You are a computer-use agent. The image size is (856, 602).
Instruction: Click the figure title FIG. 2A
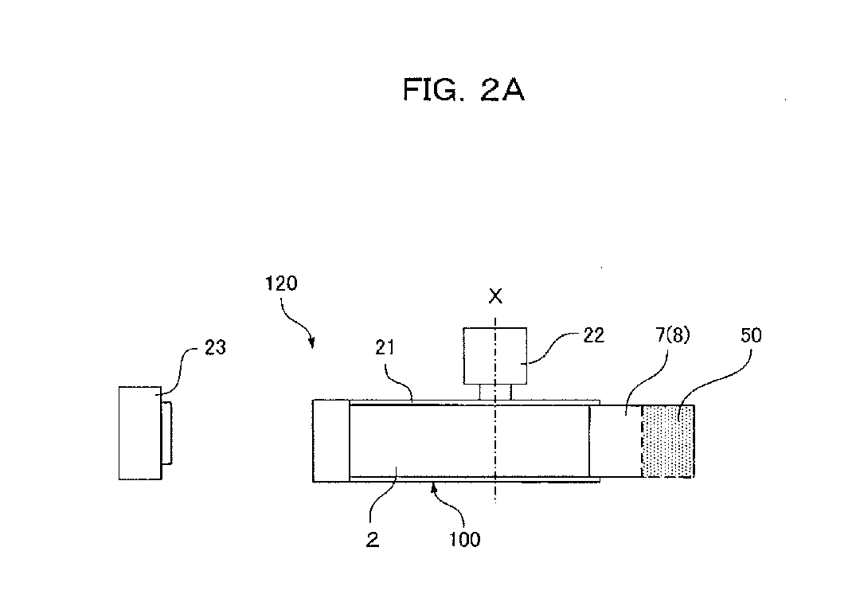463,89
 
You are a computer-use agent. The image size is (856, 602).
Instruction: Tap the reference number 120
281,283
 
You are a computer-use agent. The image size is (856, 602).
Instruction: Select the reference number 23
215,347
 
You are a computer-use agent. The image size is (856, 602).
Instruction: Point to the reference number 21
385,347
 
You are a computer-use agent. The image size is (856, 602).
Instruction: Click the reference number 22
594,335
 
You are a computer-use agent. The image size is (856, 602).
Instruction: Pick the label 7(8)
673,334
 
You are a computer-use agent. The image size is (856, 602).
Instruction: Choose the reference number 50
751,334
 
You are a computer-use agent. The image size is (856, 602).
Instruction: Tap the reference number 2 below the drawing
373,539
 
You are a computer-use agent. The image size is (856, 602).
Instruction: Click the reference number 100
464,539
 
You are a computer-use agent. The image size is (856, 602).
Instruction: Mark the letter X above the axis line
495,296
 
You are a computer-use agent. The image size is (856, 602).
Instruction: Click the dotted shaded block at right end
668,441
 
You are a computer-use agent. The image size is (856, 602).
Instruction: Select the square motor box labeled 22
495,356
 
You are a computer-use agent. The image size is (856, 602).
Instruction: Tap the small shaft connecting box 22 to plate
495,393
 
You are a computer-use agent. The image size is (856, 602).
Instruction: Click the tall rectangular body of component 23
140,433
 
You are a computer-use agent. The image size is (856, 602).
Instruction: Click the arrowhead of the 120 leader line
311,344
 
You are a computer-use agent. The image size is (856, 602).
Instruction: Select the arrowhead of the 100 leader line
435,487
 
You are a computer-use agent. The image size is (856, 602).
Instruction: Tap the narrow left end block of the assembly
330,441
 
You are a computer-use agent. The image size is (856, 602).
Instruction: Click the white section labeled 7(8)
616,441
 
